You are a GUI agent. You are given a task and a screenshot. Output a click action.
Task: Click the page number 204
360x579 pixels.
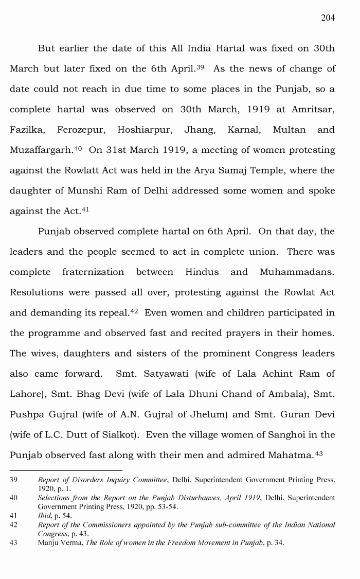coord(328,18)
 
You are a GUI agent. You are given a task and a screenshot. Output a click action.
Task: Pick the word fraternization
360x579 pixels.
coord(94,272)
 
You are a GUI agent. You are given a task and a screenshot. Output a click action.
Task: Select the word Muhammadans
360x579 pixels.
coord(297,272)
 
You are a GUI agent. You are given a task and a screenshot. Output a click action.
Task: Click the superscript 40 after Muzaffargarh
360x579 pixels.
coord(78,148)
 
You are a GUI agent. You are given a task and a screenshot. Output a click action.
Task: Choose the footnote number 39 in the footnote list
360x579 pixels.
coord(13,480)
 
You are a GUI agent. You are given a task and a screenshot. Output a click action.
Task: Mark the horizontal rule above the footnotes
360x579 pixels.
coord(66,470)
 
